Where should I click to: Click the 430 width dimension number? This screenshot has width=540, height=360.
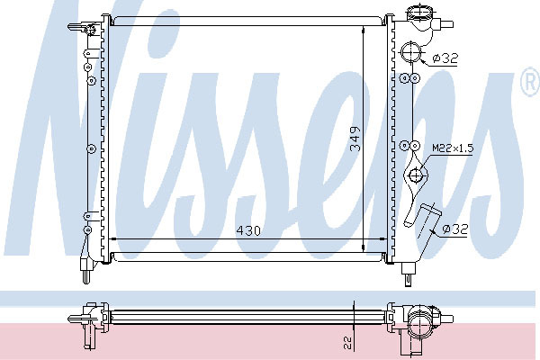(x=248, y=230)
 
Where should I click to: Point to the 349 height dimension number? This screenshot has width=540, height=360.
(x=355, y=139)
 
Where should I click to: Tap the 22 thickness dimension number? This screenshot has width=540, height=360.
(x=347, y=343)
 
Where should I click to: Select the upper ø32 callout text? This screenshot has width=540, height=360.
(x=445, y=58)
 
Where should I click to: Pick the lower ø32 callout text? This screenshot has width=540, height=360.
(x=455, y=229)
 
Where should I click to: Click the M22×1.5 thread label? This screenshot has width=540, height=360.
(x=453, y=148)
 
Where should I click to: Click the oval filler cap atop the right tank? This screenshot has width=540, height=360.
(x=418, y=13)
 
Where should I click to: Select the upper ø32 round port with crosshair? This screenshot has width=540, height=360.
(x=411, y=52)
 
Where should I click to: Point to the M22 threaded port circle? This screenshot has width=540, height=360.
(x=417, y=175)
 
